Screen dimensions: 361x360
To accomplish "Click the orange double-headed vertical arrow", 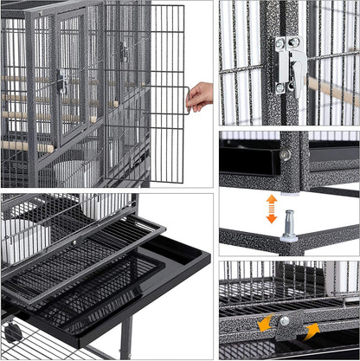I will [271, 209].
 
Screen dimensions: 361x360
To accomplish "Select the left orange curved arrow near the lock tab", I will [263, 322].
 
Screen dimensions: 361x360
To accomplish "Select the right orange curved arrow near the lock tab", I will [311, 330].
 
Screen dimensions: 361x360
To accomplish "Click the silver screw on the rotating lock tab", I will [284, 321].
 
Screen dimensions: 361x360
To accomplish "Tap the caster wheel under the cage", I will [12, 332].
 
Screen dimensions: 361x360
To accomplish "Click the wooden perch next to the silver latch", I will [333, 91].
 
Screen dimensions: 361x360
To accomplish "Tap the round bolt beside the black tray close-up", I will [285, 155].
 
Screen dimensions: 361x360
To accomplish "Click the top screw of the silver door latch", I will [284, 42].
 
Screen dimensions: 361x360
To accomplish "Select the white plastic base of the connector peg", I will [289, 235].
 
